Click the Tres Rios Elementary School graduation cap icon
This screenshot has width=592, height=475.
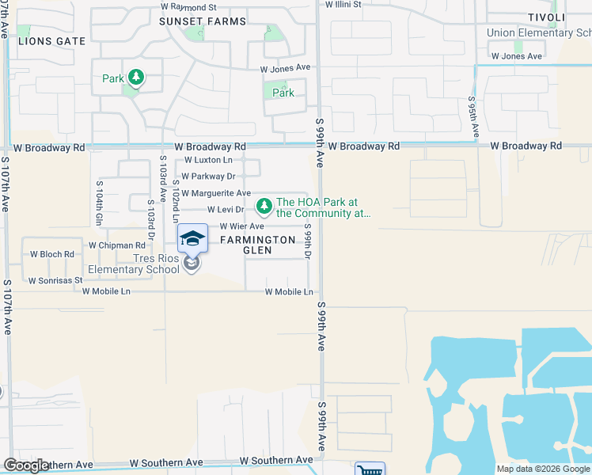(x=192, y=237)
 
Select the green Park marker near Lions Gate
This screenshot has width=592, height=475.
(x=137, y=77)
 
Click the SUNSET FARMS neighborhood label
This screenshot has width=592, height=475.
(x=203, y=21)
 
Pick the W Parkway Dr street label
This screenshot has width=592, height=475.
(x=209, y=177)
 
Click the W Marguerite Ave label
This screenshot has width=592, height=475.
(x=216, y=193)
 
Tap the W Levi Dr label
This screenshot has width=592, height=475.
(x=226, y=210)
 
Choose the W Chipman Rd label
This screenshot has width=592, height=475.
(x=116, y=245)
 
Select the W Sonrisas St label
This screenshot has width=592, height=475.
(x=55, y=280)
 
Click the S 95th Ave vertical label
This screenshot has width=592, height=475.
(x=472, y=117)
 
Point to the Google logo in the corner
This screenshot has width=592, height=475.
(x=26, y=465)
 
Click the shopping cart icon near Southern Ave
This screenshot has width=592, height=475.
(x=370, y=469)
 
